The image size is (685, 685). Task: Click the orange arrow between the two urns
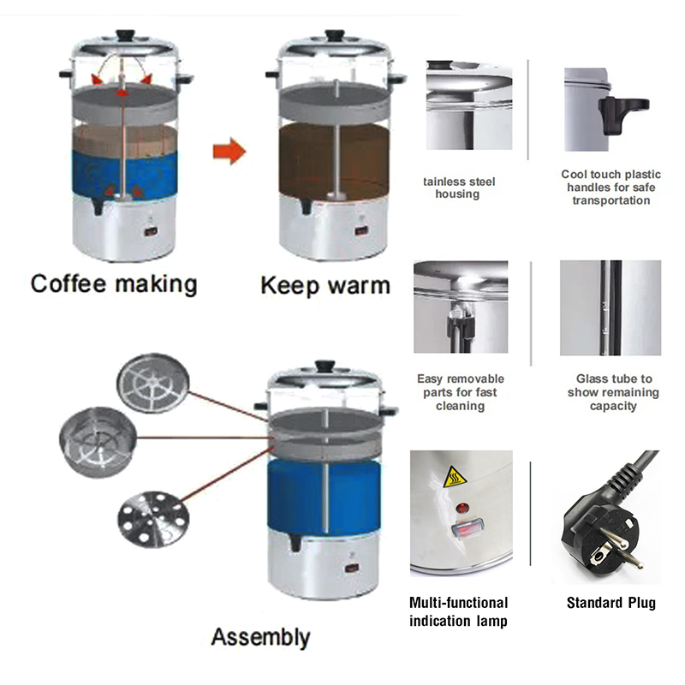[229, 152]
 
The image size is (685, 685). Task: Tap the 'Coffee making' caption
[114, 283]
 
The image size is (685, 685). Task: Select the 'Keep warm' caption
[325, 285]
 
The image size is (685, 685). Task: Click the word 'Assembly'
[260, 637]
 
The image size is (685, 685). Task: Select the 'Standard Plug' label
[611, 603]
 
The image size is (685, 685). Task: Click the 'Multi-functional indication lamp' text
[458, 611]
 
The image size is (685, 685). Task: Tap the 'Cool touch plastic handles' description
[606, 187]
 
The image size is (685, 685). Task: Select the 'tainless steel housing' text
[458, 188]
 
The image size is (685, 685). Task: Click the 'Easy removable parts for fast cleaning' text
[460, 392]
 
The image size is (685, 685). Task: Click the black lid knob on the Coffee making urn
[126, 36]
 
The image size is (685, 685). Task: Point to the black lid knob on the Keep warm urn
[334, 37]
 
